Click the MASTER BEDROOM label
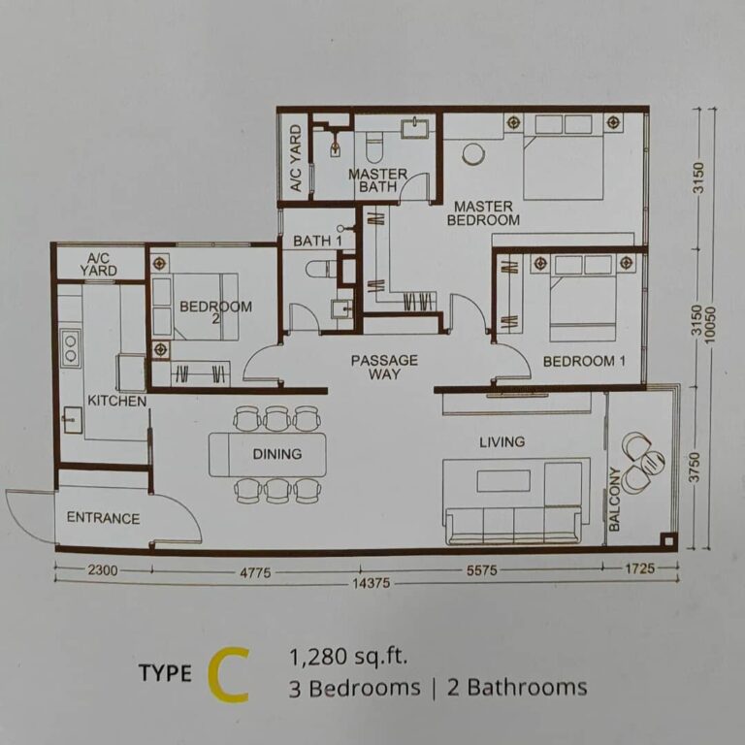point(483,213)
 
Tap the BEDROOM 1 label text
point(578,361)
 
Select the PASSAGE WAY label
point(384,367)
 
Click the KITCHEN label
point(116,401)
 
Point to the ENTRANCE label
point(103,518)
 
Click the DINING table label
point(277,453)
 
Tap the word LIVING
point(502,441)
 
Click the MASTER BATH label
point(377,180)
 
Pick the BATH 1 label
point(317,241)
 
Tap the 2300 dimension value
point(102,571)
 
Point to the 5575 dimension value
point(480,571)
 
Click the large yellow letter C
point(227,675)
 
